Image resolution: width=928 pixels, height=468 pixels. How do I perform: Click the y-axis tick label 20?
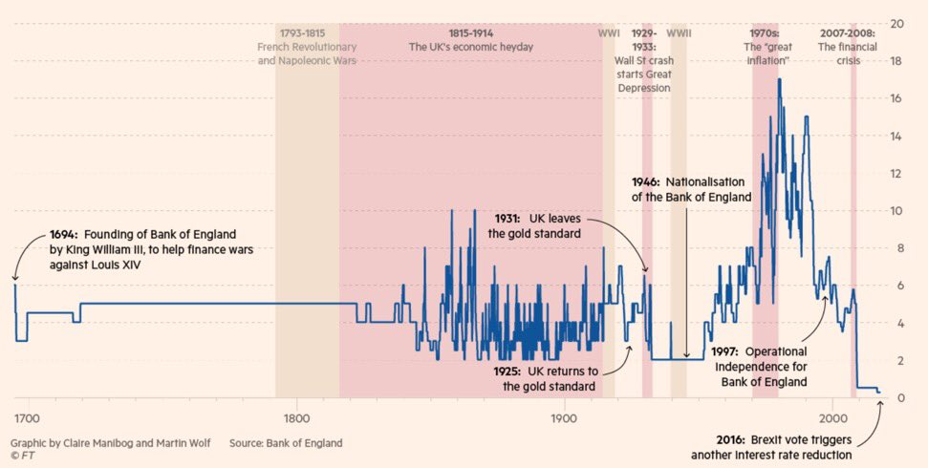tap(897, 23)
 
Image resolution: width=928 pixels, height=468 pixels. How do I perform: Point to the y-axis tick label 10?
tap(897, 210)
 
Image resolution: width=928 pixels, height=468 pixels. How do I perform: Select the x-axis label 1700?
tap(26, 418)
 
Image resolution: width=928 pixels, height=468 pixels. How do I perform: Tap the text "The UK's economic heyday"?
tap(470, 47)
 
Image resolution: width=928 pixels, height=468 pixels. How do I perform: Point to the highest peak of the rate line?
tap(780, 78)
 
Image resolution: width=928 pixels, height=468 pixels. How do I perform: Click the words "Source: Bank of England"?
tap(285, 443)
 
